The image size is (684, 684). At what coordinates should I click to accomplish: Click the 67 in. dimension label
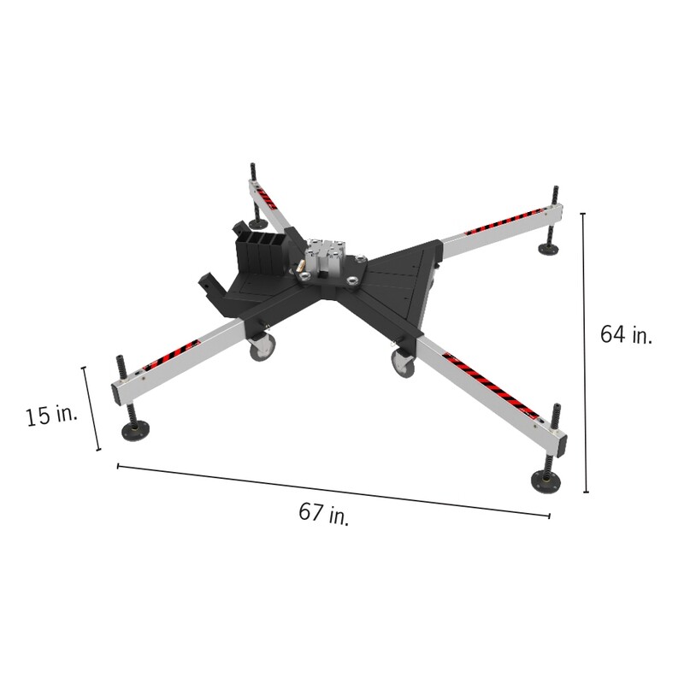(323, 514)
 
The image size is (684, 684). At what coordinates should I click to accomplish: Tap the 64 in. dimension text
(626, 334)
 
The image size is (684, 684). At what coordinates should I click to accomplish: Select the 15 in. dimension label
(51, 416)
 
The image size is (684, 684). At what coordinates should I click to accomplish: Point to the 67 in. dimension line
(333, 490)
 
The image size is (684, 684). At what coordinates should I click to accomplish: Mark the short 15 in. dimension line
(91, 409)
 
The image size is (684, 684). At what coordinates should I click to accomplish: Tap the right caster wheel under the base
(402, 363)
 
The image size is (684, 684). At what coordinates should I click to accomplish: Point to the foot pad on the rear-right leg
(547, 250)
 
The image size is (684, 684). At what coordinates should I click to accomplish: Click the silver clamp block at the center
(324, 257)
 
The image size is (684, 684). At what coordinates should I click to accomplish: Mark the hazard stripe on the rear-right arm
(504, 220)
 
